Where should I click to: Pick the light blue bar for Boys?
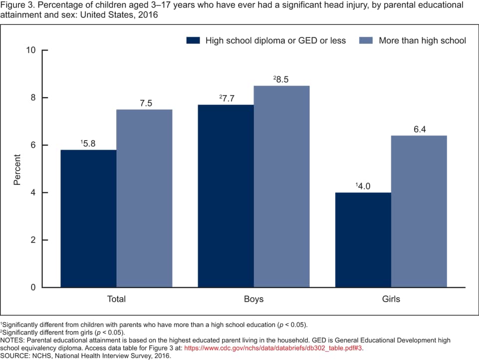pyautogui.click(x=281, y=186)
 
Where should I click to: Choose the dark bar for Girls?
pyautogui.click(x=363, y=240)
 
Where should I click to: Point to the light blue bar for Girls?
pyautogui.click(x=419, y=211)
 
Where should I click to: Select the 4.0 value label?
pyautogui.click(x=364, y=186)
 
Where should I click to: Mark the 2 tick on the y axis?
pyautogui.click(x=33, y=240)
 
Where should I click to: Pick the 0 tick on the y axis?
pyautogui.click(x=33, y=288)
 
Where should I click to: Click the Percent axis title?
pyautogui.click(x=17, y=170)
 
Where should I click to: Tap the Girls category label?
pyautogui.click(x=391, y=299)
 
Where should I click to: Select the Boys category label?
pyautogui.click(x=253, y=299)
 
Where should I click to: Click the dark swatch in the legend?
pyautogui.click(x=193, y=40)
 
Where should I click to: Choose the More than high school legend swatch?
pyautogui.click(x=366, y=40)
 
